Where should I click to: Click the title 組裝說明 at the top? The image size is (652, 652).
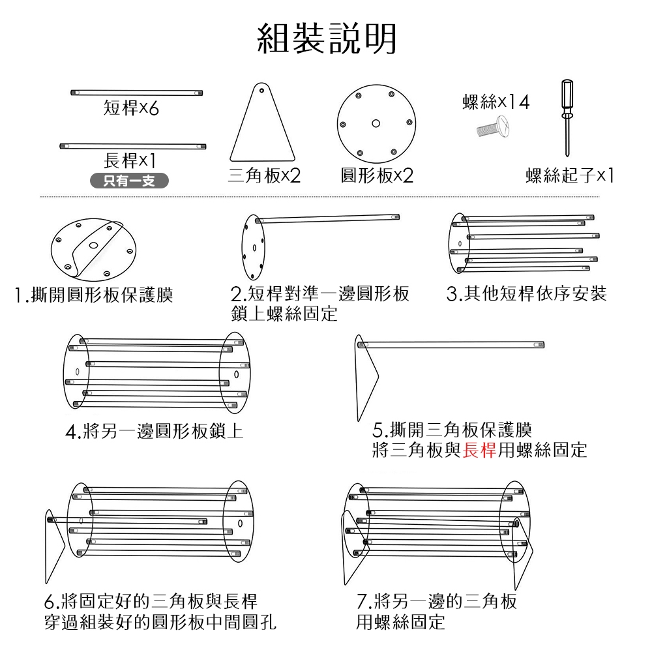click(x=326, y=38)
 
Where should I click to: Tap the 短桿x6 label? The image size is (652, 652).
click(x=131, y=109)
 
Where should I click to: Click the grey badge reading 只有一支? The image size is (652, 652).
click(x=128, y=181)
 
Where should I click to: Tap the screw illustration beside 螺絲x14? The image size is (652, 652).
click(x=494, y=127)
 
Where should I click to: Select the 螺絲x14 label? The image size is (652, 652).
click(x=495, y=102)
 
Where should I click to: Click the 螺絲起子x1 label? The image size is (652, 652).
click(x=570, y=176)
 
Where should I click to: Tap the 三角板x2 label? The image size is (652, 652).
click(x=264, y=176)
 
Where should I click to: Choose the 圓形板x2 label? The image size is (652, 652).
click(x=377, y=176)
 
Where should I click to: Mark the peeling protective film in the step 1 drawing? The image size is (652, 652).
click(x=98, y=244)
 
